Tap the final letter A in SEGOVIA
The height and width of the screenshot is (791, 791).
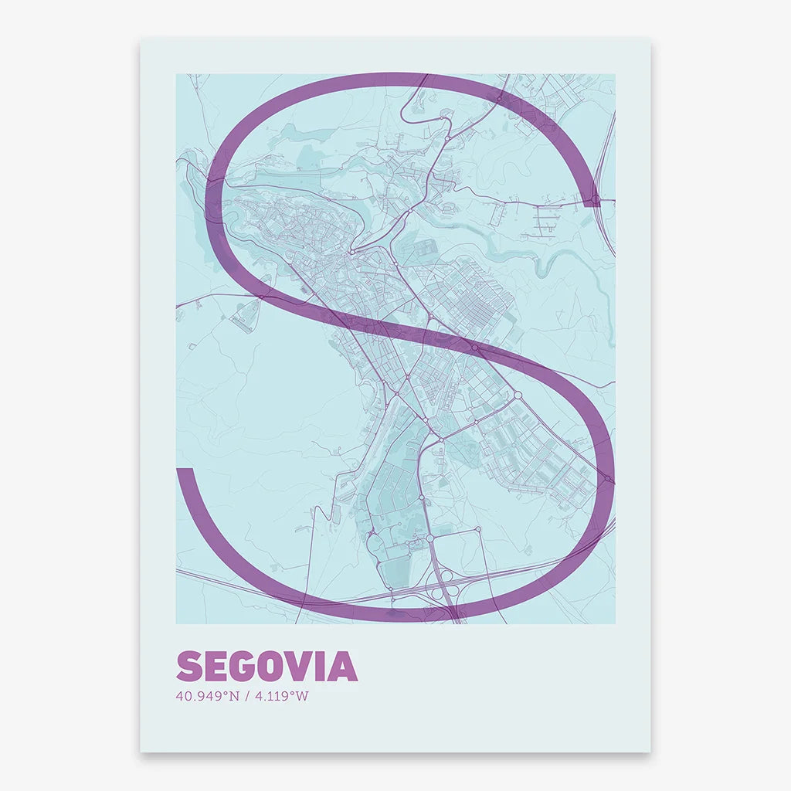click(343, 667)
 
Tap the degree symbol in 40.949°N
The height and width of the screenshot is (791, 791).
click(226, 693)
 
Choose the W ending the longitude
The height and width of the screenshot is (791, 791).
click(302, 696)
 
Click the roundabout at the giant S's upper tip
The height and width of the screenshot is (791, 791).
click(595, 201)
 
